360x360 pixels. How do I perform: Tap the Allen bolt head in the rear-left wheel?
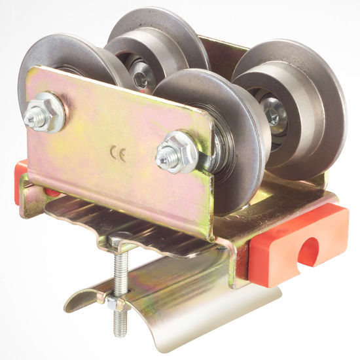[140, 79]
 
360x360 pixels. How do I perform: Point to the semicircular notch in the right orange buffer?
[308, 252]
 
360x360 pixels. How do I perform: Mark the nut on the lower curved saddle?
[113, 302]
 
